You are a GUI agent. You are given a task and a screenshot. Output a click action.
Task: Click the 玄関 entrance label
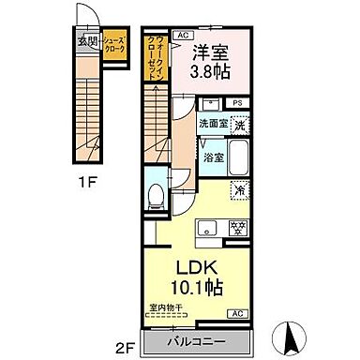(x=87, y=40)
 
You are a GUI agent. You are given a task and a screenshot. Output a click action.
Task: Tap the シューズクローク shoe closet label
(x=114, y=44)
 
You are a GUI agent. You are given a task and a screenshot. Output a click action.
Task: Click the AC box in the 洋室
(x=181, y=33)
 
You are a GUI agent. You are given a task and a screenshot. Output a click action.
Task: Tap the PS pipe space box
(x=238, y=102)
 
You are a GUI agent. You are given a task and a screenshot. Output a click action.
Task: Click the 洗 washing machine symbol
(x=241, y=124)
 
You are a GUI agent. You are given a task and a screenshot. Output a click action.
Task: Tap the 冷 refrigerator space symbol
(x=240, y=189)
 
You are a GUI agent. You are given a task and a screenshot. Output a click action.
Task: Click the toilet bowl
(x=157, y=195)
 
